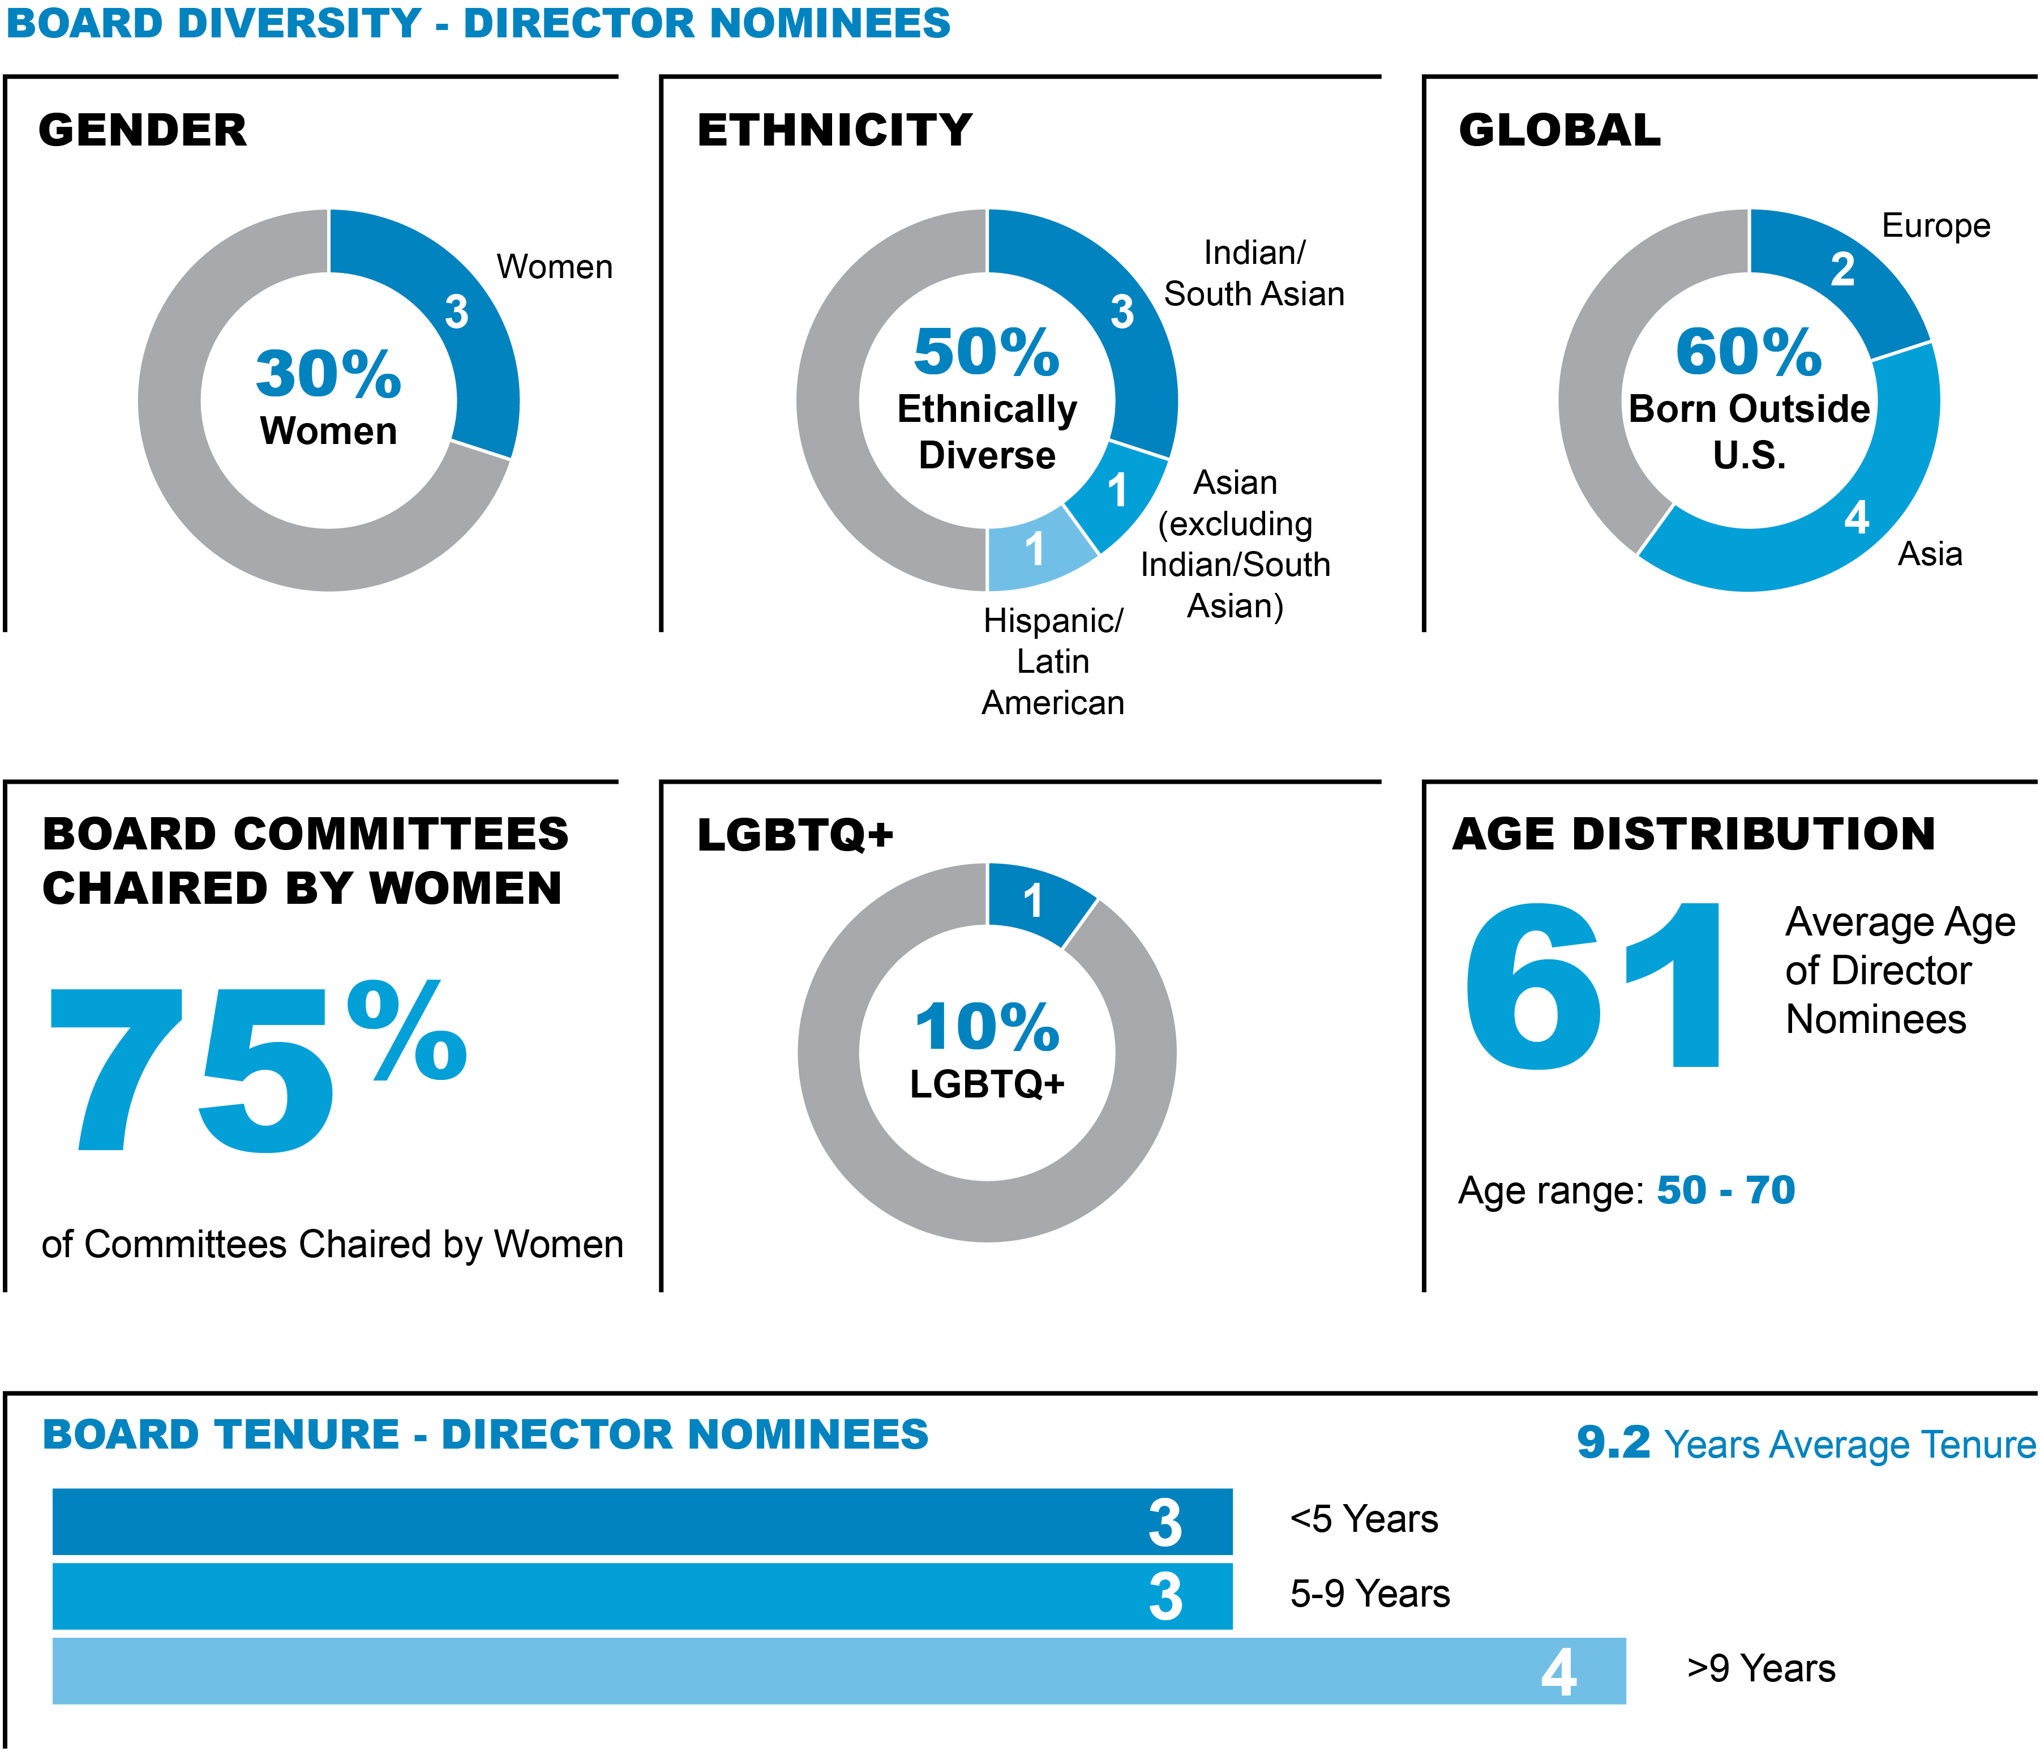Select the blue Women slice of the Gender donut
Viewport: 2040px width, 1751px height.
(463, 325)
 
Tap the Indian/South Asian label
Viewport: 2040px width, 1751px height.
(1253, 274)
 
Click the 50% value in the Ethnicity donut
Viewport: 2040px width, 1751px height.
(987, 353)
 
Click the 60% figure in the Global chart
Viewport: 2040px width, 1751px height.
(1748, 353)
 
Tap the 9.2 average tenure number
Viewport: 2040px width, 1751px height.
(1613, 1443)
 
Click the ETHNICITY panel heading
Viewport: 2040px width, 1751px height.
(834, 131)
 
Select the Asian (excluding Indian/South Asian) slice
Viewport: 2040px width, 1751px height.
(1117, 493)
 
